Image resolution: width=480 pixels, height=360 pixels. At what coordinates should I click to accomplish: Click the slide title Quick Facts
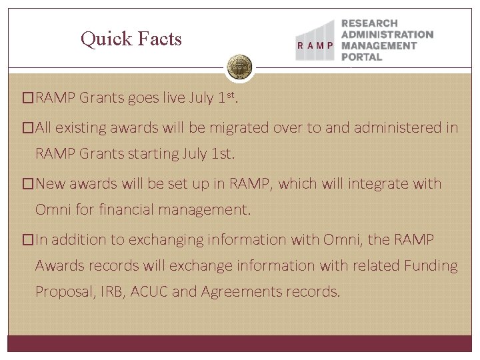click(x=131, y=39)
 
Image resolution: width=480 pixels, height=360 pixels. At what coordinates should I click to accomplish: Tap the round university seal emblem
click(x=239, y=67)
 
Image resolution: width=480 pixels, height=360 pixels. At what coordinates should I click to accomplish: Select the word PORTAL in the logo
click(x=361, y=57)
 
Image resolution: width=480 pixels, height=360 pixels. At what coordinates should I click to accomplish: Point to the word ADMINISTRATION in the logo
click(x=387, y=35)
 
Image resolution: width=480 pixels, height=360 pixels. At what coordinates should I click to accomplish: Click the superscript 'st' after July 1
click(x=231, y=96)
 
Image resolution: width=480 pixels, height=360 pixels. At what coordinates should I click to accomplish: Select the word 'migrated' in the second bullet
click(x=248, y=127)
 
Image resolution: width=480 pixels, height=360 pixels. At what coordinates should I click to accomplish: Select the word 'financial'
click(x=125, y=211)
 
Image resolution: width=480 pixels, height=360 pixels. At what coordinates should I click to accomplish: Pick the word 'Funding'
click(x=431, y=266)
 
